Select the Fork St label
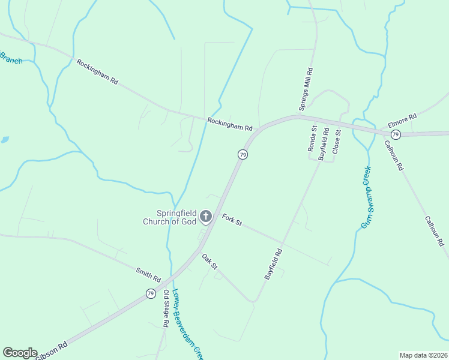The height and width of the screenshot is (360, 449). (x=232, y=220)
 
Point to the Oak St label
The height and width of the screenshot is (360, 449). (x=209, y=262)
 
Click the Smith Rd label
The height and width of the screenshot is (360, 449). (x=148, y=275)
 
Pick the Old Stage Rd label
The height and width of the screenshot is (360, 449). (x=166, y=308)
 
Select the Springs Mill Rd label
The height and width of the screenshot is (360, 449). (x=311, y=83)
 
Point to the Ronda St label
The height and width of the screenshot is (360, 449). (x=312, y=139)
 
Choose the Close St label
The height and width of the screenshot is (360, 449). (x=336, y=141)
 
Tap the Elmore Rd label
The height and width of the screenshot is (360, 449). (x=402, y=121)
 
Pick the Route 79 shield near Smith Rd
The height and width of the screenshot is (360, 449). (x=151, y=293)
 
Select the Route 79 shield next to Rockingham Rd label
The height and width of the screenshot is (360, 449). (x=243, y=155)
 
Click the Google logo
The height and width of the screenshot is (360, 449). (x=20, y=352)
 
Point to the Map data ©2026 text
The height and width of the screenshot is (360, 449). (x=423, y=355)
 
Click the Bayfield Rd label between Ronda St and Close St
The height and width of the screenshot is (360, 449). (x=324, y=143)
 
